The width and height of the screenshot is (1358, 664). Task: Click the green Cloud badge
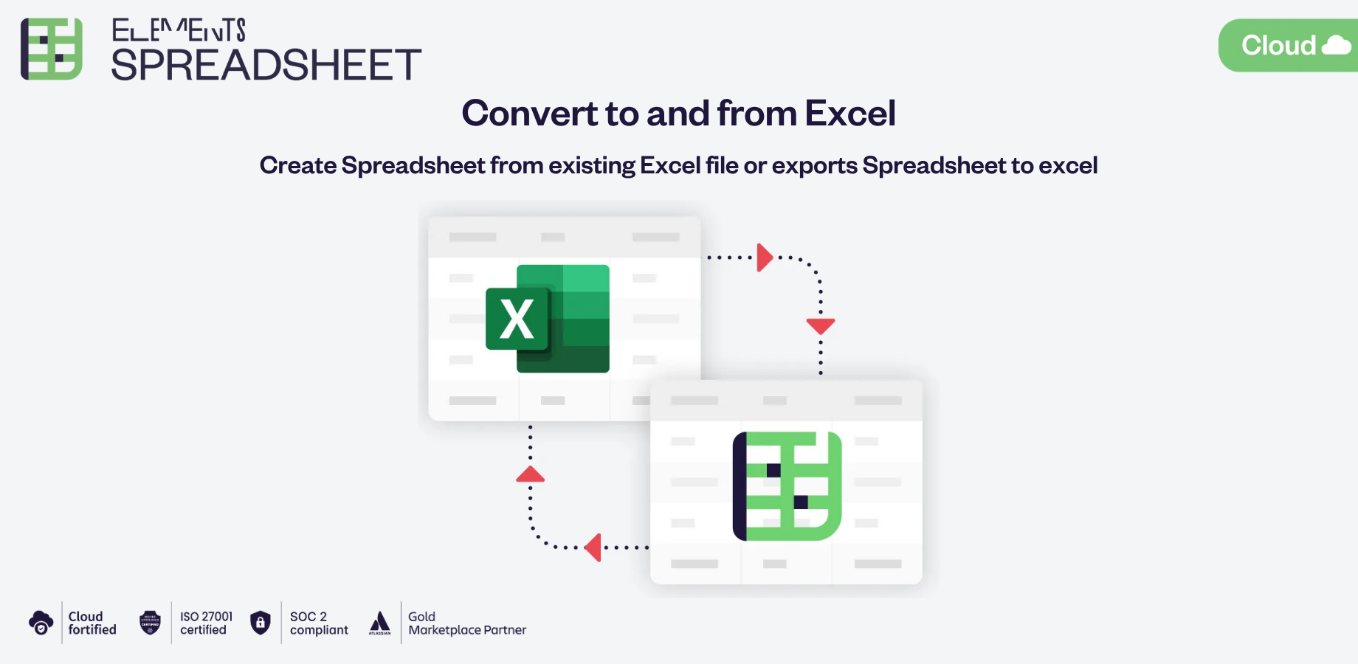[1288, 46]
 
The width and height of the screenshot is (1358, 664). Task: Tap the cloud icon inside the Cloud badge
[1336, 46]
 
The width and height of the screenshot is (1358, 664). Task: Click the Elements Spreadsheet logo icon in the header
[52, 49]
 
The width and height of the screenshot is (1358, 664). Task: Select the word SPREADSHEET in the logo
[266, 65]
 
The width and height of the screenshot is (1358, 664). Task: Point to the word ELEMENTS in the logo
[179, 30]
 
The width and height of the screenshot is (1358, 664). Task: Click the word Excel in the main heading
[849, 114]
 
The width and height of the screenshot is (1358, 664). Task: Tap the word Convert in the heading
[529, 114]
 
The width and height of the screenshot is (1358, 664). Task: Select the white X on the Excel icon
[517, 319]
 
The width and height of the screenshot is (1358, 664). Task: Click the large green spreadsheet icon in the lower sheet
[787, 486]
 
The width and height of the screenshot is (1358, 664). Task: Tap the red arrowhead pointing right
[765, 257]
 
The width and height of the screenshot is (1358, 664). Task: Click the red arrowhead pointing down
[820, 325]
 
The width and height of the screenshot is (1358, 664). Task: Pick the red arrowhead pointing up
[530, 474]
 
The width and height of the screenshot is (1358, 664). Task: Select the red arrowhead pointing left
[593, 547]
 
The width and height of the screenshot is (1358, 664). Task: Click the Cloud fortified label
[92, 623]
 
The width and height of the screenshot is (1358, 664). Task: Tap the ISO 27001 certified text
[206, 623]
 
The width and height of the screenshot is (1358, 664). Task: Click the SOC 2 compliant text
[318, 623]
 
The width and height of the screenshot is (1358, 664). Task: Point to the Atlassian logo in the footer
[379, 623]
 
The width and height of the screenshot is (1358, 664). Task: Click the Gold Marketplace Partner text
[466, 623]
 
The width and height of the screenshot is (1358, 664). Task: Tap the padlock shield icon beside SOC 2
[261, 623]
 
